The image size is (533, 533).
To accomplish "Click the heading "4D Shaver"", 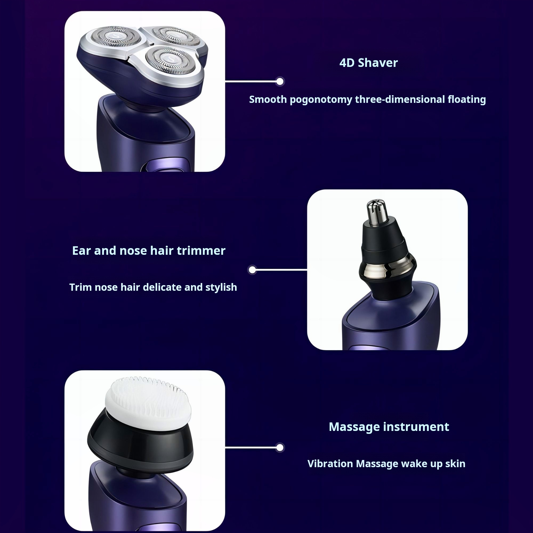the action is [x=369, y=63].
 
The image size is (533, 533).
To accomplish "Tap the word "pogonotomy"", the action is [x=321, y=100].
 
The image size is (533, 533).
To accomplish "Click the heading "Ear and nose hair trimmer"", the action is [x=149, y=251].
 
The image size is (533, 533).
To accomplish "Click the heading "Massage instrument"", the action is [x=389, y=427].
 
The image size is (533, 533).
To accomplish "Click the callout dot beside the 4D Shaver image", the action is [x=280, y=81].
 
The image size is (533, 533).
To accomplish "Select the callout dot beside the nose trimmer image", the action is [x=252, y=270].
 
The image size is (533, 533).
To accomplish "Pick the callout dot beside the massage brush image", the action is [x=280, y=447].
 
